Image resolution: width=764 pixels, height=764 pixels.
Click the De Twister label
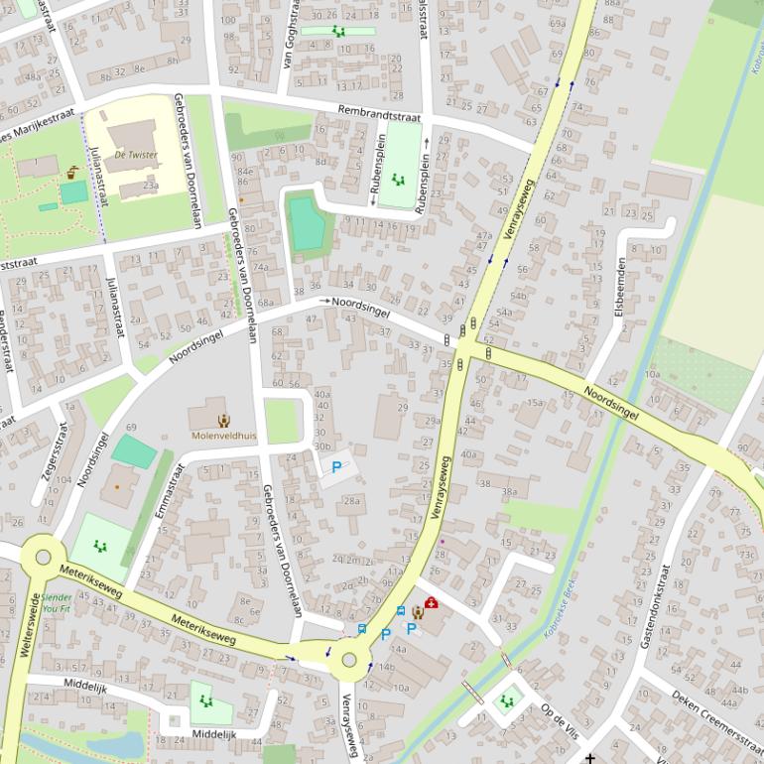(x=135, y=155)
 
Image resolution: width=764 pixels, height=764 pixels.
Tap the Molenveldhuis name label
(x=223, y=436)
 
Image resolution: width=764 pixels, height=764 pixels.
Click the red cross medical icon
(x=431, y=603)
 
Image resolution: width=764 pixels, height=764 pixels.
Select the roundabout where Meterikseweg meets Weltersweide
(x=42, y=557)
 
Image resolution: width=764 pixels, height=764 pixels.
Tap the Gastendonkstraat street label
(x=655, y=607)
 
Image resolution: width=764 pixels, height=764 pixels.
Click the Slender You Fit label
(x=57, y=604)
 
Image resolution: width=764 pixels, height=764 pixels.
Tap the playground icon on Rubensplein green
(x=398, y=180)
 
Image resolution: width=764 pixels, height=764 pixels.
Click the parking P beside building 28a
(x=336, y=466)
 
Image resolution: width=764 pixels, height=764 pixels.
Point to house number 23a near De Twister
(x=150, y=185)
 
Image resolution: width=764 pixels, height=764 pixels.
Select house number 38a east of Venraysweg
(x=509, y=491)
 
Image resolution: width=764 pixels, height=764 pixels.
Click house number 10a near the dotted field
(x=652, y=374)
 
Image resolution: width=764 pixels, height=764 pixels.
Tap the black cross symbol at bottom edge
(x=591, y=758)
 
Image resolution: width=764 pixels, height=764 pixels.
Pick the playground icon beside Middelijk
(x=205, y=700)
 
